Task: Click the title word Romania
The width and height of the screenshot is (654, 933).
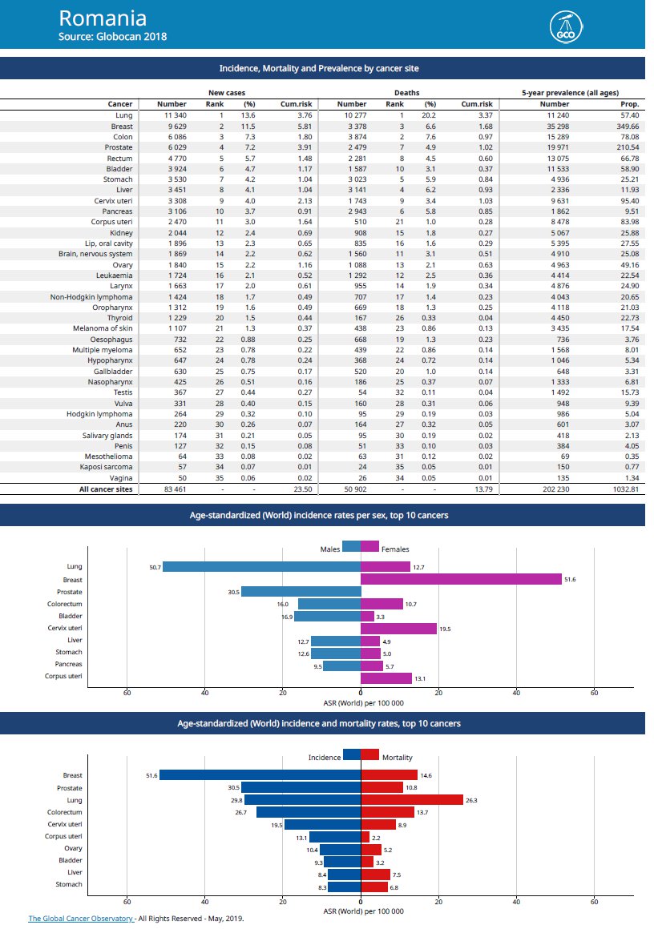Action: click(x=103, y=18)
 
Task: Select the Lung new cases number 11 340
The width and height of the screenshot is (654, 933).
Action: click(x=172, y=115)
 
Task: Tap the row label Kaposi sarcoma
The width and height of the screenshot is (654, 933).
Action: click(x=106, y=466)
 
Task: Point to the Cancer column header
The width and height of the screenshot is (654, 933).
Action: click(x=120, y=104)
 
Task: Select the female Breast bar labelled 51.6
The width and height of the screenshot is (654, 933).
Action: click(x=461, y=579)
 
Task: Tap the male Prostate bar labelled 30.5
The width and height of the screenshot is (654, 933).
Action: click(x=301, y=592)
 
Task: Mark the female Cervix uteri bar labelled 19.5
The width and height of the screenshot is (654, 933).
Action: click(x=398, y=629)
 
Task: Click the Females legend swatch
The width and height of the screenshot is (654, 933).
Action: click(x=370, y=546)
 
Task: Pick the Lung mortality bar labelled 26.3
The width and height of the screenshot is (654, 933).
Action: click(x=412, y=800)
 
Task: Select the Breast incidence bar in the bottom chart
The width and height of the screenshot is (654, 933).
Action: click(x=260, y=775)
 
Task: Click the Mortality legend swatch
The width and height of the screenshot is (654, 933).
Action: click(x=370, y=754)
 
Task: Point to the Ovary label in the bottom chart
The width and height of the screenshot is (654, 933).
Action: click(x=72, y=848)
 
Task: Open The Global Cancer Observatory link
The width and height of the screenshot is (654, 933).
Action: click(x=81, y=919)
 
